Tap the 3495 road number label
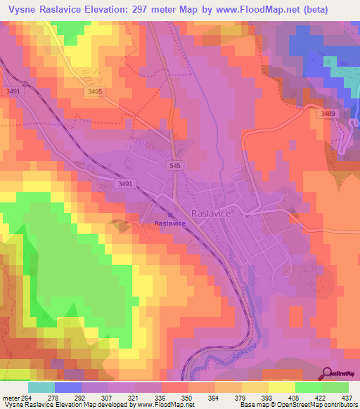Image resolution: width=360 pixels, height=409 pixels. coord(96,91)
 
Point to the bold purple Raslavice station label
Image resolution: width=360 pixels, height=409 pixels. coord(170,223)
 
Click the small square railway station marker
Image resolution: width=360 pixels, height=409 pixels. coord(169,215)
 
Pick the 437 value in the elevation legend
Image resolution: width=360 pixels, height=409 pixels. coord(347,398)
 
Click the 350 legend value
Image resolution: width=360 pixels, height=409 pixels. coord(188,398)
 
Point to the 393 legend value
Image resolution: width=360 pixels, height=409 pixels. coord(268,398)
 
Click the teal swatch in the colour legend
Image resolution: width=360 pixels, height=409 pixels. coord(41,387)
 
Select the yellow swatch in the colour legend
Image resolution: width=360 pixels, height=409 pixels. coord(281,387)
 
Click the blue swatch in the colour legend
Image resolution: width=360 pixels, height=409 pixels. coord(68,387)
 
